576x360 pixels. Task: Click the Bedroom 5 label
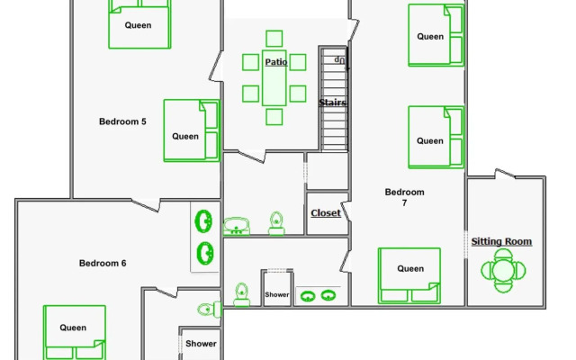(x=122, y=121)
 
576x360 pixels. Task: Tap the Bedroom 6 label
(x=103, y=264)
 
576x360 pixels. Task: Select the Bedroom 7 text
(x=404, y=197)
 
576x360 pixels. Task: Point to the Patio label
(x=276, y=62)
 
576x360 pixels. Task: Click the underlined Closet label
(x=325, y=213)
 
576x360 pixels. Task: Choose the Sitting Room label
(x=501, y=241)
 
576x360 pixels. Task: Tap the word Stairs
(x=333, y=103)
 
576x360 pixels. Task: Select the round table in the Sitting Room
(x=502, y=270)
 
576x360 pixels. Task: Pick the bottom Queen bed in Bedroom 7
(x=409, y=274)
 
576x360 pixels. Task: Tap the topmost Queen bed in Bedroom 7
(x=436, y=36)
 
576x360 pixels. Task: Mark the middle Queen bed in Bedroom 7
(x=436, y=137)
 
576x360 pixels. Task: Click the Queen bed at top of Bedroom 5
(x=139, y=24)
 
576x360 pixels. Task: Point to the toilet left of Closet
(x=277, y=222)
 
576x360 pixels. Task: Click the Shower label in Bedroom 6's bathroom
(x=201, y=344)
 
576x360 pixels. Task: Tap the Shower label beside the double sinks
(x=276, y=295)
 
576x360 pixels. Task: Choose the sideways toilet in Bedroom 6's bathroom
(x=208, y=310)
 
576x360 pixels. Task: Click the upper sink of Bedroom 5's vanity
(x=204, y=220)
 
